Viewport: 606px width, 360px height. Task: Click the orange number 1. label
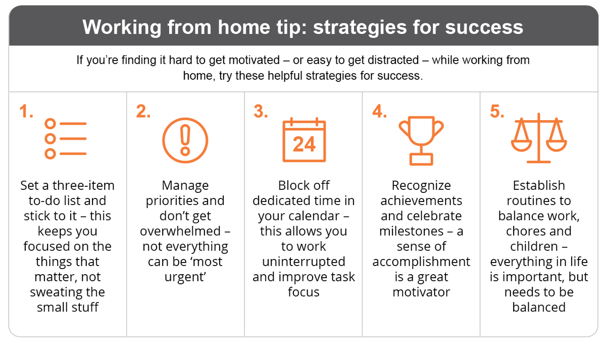[x=26, y=112]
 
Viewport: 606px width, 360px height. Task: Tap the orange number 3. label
[x=261, y=112]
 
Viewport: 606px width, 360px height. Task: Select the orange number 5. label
[x=497, y=112]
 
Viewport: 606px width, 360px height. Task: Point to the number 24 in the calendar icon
[x=304, y=145]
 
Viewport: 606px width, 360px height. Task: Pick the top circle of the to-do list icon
[x=50, y=124]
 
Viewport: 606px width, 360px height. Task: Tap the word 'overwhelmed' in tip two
[x=180, y=231]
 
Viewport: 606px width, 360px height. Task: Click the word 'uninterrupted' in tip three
[x=304, y=262]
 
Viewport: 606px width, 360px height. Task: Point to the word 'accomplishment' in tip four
[x=421, y=262]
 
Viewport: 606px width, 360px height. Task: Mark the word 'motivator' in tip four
[x=421, y=292]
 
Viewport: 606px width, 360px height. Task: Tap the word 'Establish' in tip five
[x=538, y=185]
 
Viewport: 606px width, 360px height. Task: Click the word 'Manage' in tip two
[x=185, y=185]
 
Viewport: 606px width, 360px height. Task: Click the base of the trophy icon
[x=421, y=159]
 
